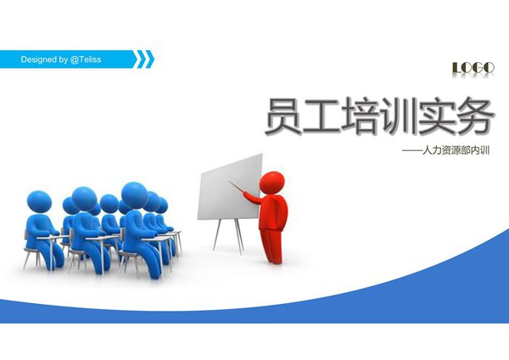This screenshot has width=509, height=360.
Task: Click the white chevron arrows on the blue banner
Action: point(145,58)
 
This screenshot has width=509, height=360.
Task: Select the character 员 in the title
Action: point(281,118)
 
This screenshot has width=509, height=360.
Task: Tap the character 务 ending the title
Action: point(473,118)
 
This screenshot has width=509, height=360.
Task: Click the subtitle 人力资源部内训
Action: point(458,152)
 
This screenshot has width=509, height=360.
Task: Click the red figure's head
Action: point(271,182)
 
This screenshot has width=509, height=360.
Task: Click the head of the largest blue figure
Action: point(133,195)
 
